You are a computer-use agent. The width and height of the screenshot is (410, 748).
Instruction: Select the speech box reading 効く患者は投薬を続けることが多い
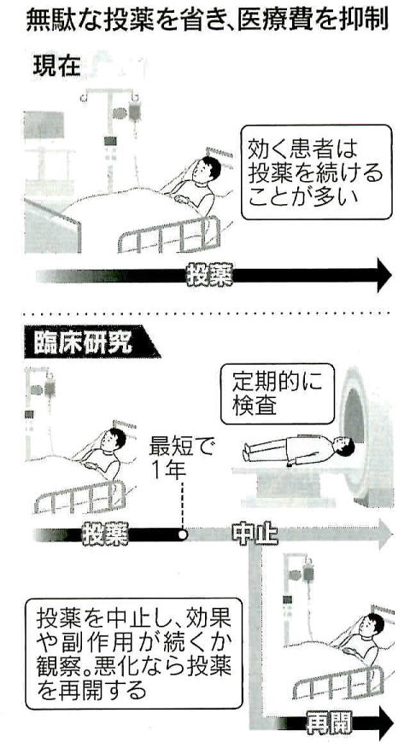point(316,172)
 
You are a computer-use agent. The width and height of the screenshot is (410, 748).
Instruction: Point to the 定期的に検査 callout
point(278,394)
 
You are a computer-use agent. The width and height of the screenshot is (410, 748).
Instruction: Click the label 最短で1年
point(182,459)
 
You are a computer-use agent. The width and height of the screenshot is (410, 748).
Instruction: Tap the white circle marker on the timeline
point(182,535)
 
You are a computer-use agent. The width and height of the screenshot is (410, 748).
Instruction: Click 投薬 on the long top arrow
point(209,275)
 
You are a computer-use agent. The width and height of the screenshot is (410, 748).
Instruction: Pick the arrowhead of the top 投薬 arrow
point(384,275)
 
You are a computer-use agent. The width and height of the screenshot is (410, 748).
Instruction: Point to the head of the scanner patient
point(345,447)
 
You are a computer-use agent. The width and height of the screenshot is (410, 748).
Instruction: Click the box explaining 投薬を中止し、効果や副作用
point(134,653)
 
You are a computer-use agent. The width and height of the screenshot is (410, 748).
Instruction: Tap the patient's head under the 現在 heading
point(210,168)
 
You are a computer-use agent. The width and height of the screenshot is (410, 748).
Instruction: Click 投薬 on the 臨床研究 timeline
point(105,535)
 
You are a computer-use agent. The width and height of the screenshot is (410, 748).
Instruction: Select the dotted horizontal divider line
point(207,313)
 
